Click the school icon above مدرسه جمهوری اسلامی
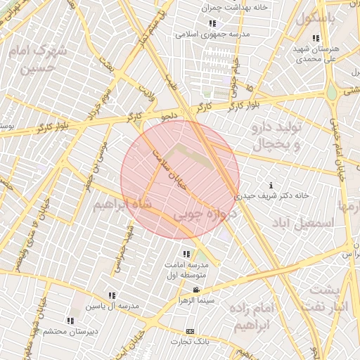point(212,23)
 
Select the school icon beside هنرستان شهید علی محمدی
point(316,38)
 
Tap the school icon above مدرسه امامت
point(186,253)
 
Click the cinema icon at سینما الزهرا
point(196,289)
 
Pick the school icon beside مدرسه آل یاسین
point(112,295)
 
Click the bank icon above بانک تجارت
point(189,330)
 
